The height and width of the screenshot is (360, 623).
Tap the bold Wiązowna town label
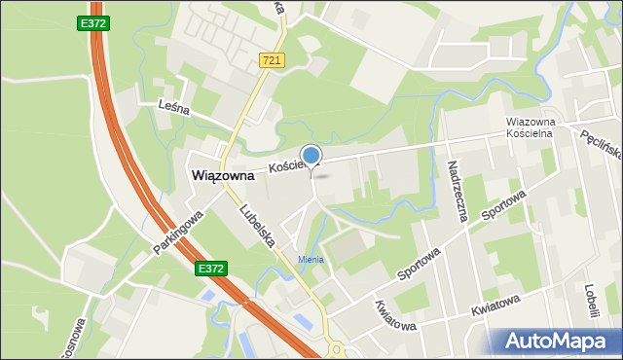[223, 176]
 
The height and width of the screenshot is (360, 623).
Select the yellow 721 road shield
[272, 60]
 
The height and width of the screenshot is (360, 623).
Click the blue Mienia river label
[311, 259]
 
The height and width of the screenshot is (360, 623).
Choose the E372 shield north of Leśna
[92, 21]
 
